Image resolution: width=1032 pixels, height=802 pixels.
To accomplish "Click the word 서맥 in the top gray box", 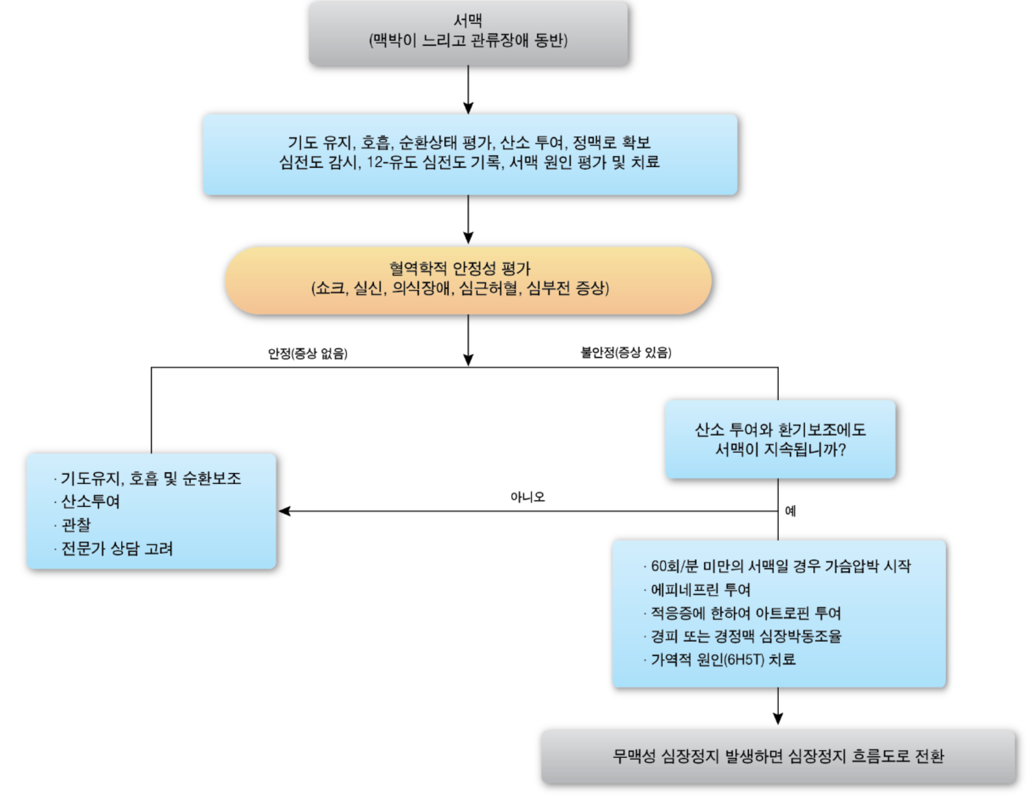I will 468,21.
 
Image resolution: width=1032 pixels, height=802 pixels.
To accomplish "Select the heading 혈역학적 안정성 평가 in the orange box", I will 460,268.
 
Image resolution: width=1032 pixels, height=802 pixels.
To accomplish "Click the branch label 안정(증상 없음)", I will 308,353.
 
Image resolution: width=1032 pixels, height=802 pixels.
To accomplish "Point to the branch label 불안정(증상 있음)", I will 625,352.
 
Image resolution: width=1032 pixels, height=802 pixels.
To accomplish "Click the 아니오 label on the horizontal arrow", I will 527,497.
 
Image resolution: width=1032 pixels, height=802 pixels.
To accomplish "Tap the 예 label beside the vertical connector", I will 790,511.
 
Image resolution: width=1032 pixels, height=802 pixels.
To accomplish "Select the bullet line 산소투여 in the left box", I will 90,502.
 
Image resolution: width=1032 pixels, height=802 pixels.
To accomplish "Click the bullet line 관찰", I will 76,525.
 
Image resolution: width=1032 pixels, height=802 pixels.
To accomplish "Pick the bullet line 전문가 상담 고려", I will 117,548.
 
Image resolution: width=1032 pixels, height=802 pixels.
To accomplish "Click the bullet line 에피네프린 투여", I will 700,590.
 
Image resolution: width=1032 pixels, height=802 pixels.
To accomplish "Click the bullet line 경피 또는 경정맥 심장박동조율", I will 746,636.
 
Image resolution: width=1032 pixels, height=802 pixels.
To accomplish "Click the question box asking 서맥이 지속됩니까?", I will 780,440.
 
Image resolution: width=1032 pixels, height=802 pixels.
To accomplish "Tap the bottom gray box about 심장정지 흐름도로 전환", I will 778,756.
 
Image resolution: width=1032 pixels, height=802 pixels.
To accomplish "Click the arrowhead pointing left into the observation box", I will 284,511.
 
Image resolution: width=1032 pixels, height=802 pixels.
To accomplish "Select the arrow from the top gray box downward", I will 468,89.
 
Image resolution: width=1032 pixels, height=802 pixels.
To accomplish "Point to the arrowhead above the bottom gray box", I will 778,718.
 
